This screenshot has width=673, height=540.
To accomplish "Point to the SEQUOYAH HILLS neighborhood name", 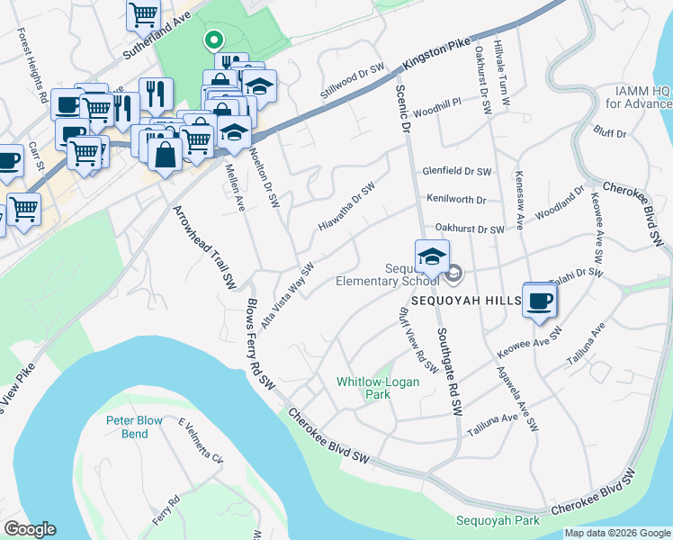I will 466,299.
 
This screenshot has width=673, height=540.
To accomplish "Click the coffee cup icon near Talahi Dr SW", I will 540,301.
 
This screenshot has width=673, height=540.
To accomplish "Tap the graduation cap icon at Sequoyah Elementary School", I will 432,256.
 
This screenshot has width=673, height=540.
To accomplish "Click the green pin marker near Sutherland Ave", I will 213,40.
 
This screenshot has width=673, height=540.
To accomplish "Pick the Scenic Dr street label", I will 403,111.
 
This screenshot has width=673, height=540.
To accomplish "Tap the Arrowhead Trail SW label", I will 196,245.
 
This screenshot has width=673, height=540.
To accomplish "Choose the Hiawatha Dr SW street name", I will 345,206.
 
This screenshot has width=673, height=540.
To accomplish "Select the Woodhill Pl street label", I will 437,103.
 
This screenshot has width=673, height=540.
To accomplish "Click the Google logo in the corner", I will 29,529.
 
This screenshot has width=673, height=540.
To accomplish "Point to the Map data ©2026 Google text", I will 617,533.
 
